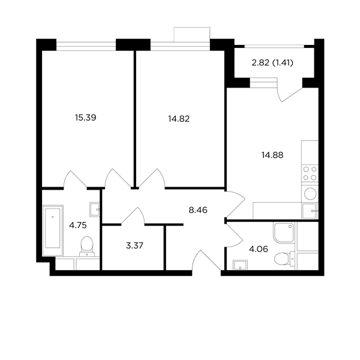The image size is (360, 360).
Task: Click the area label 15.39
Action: (85, 118)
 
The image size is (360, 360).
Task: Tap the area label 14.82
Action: (179, 119)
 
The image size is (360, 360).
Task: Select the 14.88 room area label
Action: (272, 155)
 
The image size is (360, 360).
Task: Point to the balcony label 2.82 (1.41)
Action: (272, 62)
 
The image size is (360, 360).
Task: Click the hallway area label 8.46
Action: (198, 210)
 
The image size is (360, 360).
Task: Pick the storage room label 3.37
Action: (134, 245)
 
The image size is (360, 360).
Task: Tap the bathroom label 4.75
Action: (78, 226)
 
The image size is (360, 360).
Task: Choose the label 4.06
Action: (258, 249)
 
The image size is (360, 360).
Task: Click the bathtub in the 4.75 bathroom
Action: (53, 230)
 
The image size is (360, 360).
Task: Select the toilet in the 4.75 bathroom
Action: (87, 247)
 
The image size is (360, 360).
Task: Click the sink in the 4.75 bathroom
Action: (95, 209)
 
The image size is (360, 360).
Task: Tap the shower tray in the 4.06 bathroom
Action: (284, 233)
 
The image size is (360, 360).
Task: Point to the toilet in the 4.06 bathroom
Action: (284, 259)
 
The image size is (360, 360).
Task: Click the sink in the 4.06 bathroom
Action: (240, 265)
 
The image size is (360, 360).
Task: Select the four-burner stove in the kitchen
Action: (310, 173)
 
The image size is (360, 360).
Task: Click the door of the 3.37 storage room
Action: (133, 216)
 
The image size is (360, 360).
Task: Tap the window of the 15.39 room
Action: (86, 46)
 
